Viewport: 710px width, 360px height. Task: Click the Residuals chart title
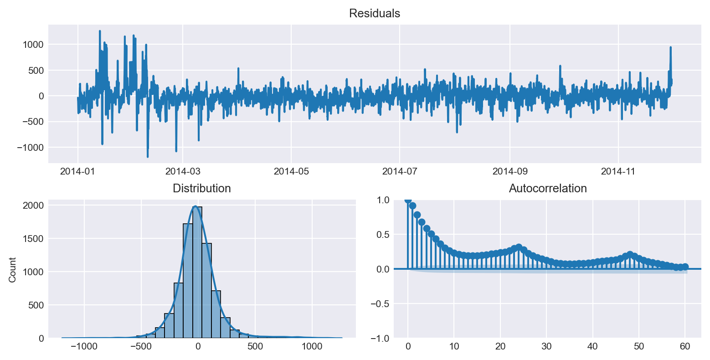pyautogui.click(x=374, y=14)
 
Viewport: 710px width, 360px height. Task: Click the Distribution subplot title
pyautogui.click(x=201, y=189)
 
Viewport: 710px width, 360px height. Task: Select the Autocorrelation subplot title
pyautogui.click(x=547, y=189)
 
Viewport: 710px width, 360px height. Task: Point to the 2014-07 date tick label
pyautogui.click(x=399, y=171)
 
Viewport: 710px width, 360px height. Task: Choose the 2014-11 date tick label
pyautogui.click(x=618, y=171)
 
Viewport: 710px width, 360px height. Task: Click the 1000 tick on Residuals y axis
pyautogui.click(x=35, y=45)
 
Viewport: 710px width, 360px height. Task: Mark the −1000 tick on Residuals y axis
pyautogui.click(x=32, y=148)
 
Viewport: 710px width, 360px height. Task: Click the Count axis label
pyautogui.click(x=12, y=270)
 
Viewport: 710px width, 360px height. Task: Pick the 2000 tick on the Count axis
pyautogui.click(x=35, y=206)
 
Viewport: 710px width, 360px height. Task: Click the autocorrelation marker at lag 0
pyautogui.click(x=408, y=200)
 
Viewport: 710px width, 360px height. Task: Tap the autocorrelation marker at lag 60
pyautogui.click(x=685, y=267)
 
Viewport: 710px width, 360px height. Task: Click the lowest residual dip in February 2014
pyautogui.click(x=148, y=156)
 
